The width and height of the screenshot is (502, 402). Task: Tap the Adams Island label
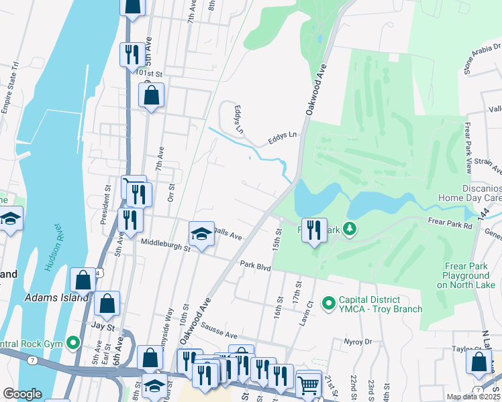[56, 297]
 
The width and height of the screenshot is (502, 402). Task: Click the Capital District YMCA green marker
[329, 304]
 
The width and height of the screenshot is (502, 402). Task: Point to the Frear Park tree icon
[349, 230]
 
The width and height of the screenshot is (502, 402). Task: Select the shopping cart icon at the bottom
[308, 385]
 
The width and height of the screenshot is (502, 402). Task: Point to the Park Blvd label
[255, 267]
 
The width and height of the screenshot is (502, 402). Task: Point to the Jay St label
[102, 327]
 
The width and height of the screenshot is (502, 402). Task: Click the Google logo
[22, 394]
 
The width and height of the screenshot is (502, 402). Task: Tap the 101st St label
[149, 72]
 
